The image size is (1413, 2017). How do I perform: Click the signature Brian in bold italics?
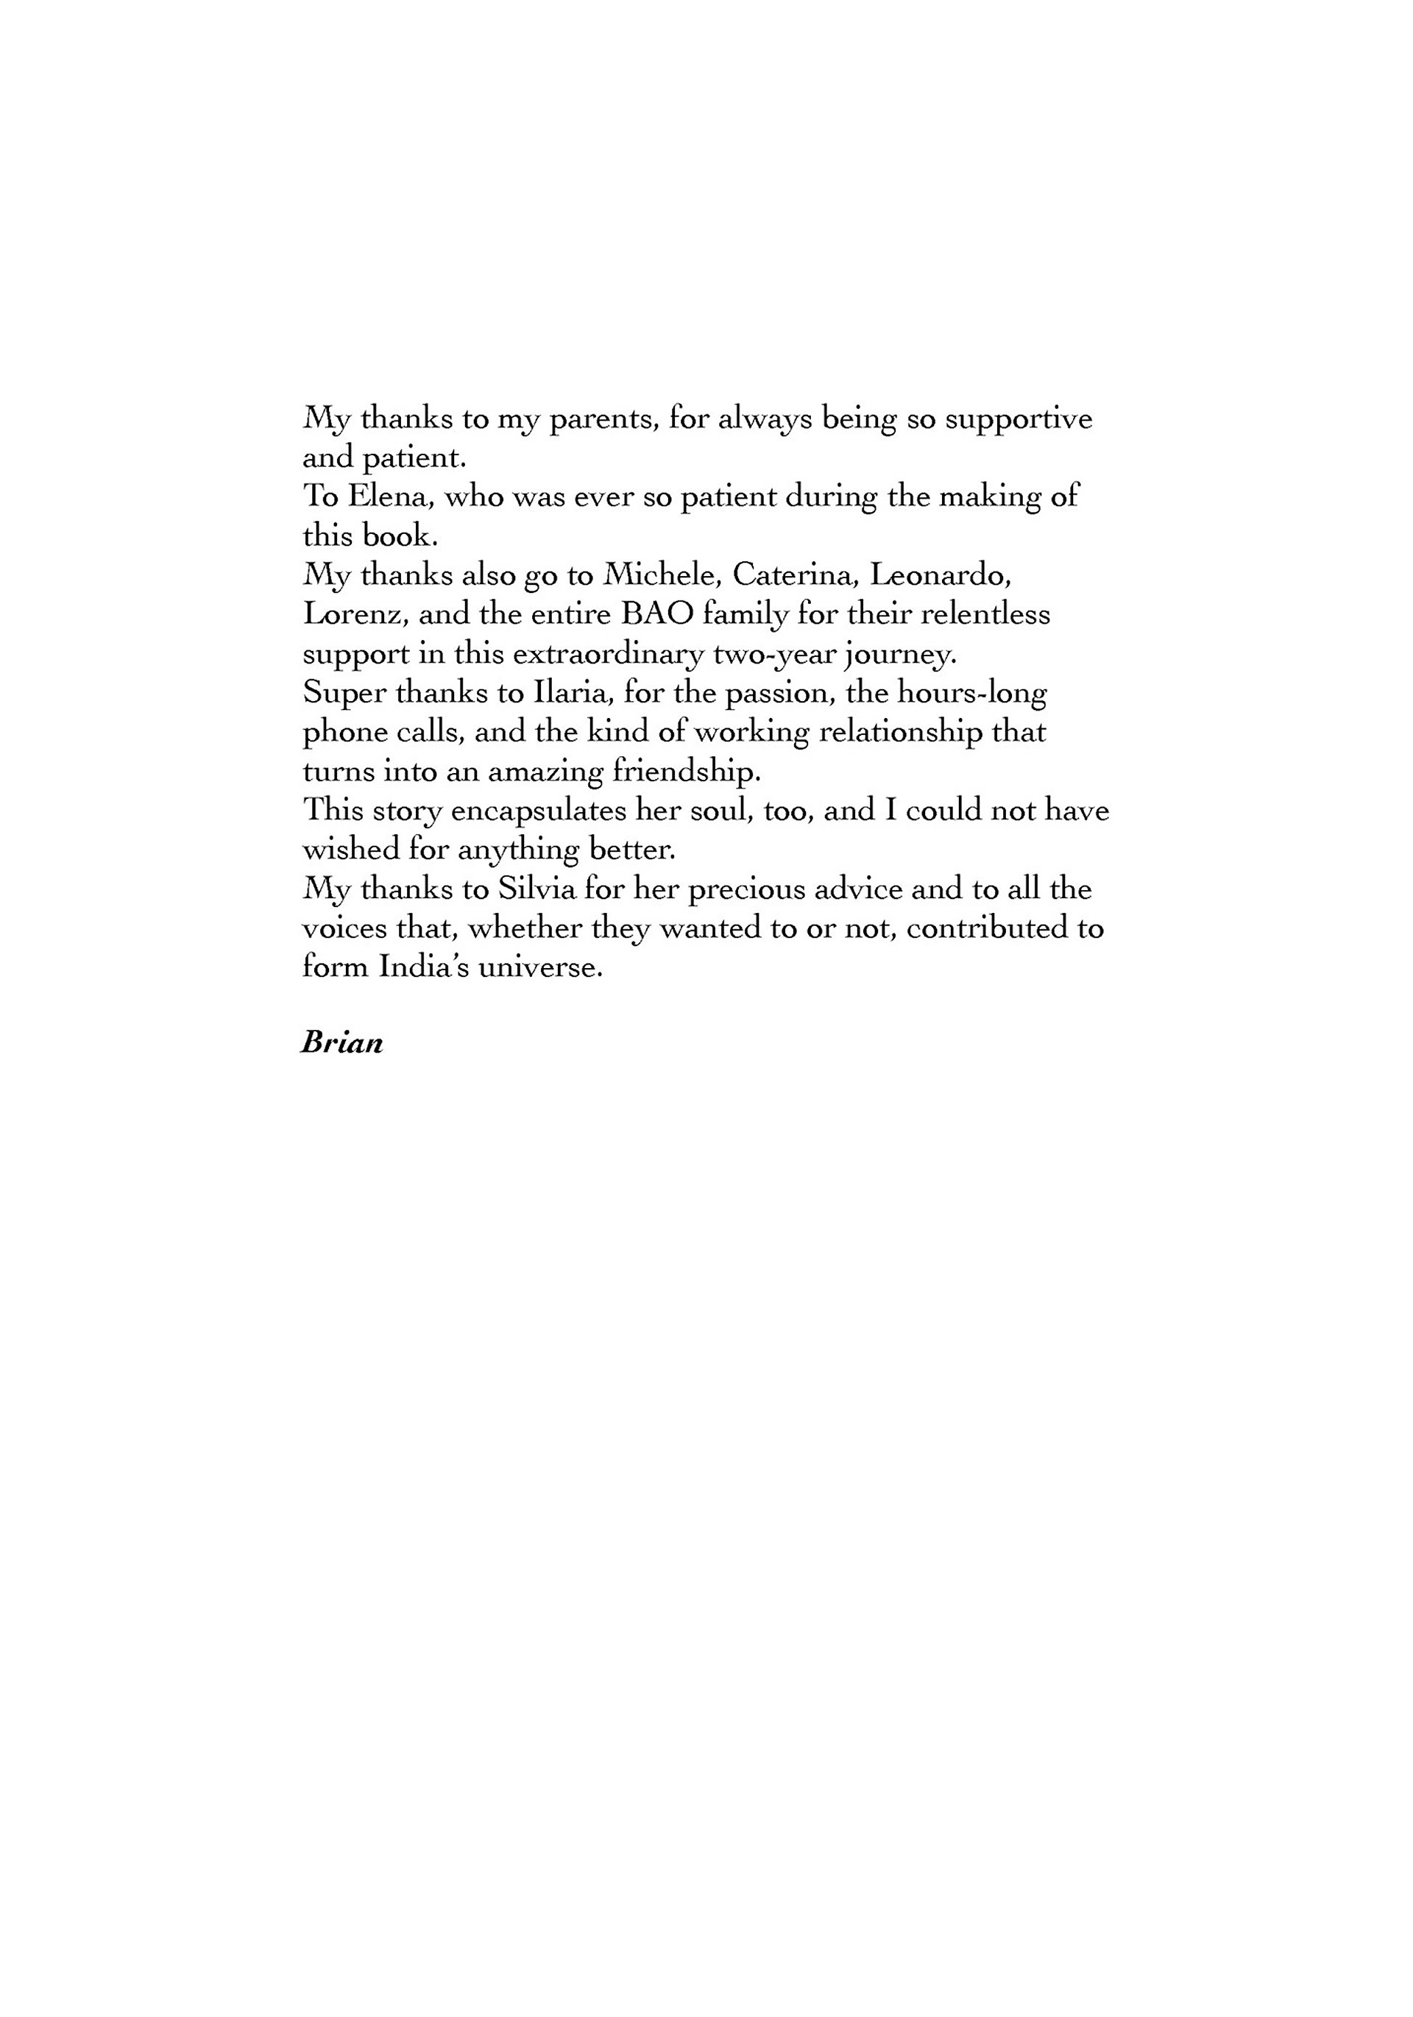(x=341, y=1044)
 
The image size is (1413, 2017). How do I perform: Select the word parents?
(x=602, y=419)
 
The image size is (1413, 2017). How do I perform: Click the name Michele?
(x=662, y=575)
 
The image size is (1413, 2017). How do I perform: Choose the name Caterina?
(x=794, y=575)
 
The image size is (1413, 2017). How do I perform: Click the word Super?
(x=343, y=694)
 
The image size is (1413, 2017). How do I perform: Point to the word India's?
(x=422, y=967)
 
